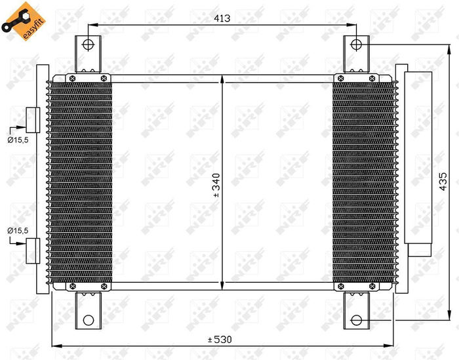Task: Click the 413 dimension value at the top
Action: click(x=222, y=19)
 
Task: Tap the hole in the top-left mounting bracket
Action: click(x=89, y=45)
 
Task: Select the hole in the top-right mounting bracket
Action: click(x=356, y=45)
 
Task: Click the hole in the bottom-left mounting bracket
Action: click(x=89, y=320)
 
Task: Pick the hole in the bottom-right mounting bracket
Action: click(x=356, y=320)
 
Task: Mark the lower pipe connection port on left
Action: click(x=33, y=249)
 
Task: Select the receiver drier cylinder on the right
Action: click(x=418, y=157)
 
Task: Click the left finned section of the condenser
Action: click(x=80, y=180)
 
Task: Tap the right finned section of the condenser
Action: click(x=365, y=180)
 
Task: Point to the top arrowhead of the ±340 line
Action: click(x=224, y=78)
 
